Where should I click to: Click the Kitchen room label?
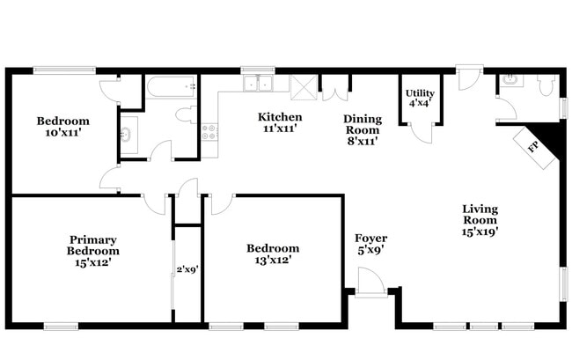(x=280, y=122)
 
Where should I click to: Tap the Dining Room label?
(x=363, y=129)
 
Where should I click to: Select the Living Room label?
(x=480, y=221)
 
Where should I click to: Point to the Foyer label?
(x=370, y=245)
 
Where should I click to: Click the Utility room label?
(x=419, y=98)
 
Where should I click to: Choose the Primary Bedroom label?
(x=92, y=250)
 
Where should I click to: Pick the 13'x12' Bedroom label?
(x=272, y=254)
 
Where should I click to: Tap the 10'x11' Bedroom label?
(x=62, y=127)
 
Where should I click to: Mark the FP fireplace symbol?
(x=534, y=147)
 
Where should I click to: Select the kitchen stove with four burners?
(x=209, y=133)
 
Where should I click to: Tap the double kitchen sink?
(x=259, y=84)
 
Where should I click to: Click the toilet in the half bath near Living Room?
(x=545, y=85)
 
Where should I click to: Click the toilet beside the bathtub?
(x=186, y=114)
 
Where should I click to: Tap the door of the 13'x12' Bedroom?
(x=220, y=204)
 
